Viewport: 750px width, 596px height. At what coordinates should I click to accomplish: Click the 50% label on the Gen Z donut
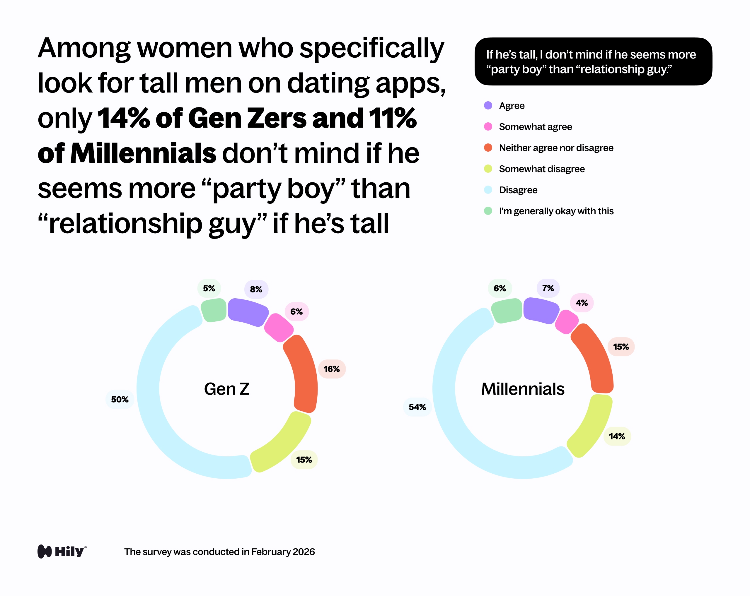point(120,399)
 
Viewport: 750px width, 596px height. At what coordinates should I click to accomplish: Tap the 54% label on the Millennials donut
point(417,407)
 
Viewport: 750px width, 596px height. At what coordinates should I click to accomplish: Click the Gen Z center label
point(227,389)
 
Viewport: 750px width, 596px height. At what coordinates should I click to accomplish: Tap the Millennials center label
point(522,389)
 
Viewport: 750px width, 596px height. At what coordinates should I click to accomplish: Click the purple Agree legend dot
point(488,105)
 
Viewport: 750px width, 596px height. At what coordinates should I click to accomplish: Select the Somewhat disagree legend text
point(542,169)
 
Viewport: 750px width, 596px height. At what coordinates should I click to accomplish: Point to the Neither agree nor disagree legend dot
point(488,148)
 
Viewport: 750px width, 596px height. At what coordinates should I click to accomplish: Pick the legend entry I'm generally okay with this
point(556,211)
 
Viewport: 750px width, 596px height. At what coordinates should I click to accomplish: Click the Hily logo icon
point(45,552)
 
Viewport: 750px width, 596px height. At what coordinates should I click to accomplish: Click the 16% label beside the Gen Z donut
point(332,369)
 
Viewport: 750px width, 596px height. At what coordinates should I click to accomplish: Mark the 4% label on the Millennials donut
point(582,303)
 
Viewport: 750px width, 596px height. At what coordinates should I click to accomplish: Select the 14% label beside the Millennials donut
point(617,436)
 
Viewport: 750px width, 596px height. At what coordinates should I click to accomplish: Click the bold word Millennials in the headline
point(143,153)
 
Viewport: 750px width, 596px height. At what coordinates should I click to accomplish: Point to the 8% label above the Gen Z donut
point(256,289)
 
